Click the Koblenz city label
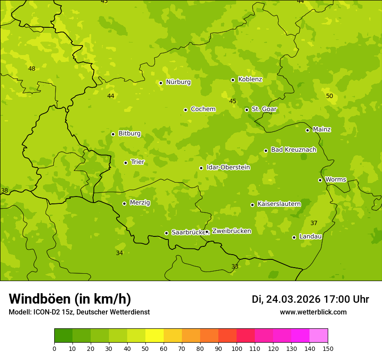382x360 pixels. point(250,79)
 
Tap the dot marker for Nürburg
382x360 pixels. point(161,83)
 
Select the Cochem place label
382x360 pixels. point(203,109)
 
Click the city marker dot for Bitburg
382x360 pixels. point(113,134)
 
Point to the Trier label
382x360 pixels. point(138,162)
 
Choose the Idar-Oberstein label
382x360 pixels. point(228,167)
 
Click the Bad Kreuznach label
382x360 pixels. point(293,150)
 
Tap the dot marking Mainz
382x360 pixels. point(307,130)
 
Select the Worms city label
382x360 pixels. point(336,180)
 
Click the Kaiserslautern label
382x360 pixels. point(279,204)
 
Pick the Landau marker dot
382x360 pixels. point(294,237)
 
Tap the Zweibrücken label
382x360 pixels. point(231,231)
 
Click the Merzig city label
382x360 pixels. point(140,203)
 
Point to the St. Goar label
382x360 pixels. point(264,109)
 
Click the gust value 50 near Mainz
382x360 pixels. point(329,96)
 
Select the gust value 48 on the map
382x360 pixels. point(32,69)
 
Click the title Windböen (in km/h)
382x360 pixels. point(70,299)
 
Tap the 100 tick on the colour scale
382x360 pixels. point(237,348)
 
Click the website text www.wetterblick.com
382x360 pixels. point(313,312)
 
